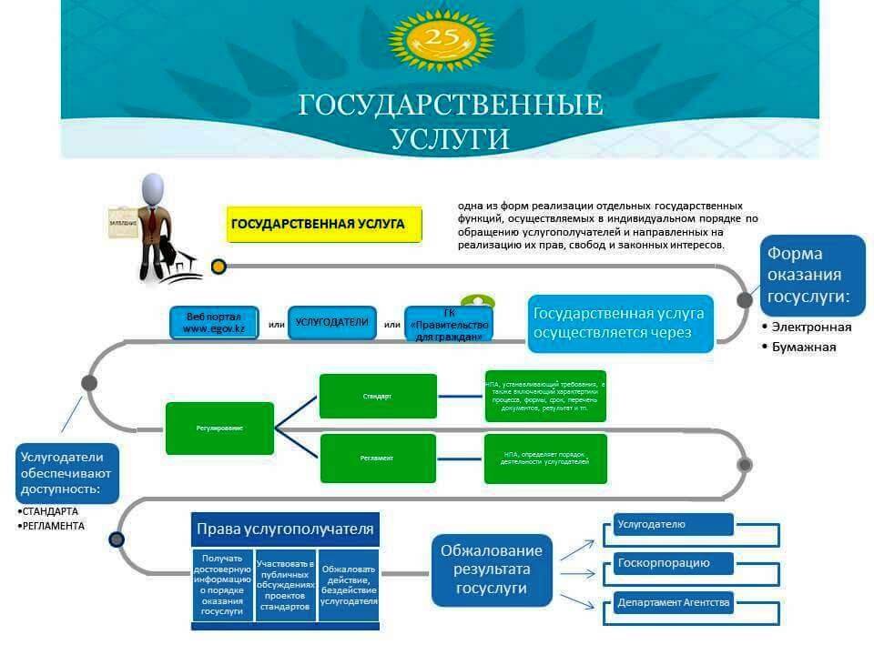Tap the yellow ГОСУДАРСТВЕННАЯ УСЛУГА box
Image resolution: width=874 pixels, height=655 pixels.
click(x=324, y=224)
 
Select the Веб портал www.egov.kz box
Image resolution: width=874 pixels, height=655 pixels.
click(x=214, y=323)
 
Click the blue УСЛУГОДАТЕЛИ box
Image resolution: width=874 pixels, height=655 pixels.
click(x=331, y=322)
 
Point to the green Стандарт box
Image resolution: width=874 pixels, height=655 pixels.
click(x=378, y=397)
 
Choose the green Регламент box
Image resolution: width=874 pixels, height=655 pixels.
click(x=378, y=458)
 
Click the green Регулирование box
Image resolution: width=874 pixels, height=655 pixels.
click(x=219, y=428)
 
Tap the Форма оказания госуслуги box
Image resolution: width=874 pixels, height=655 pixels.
click(x=812, y=275)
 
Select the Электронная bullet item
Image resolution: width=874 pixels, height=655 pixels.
click(x=811, y=327)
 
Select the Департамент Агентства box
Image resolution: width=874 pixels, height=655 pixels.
click(x=672, y=602)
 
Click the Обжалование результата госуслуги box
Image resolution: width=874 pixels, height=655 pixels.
click(x=492, y=570)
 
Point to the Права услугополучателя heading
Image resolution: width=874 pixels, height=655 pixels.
click(x=284, y=529)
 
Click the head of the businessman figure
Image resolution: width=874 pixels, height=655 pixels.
click(x=154, y=189)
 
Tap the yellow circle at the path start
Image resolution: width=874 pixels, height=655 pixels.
click(x=218, y=267)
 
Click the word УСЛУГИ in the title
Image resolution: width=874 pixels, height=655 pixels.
click(x=450, y=138)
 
